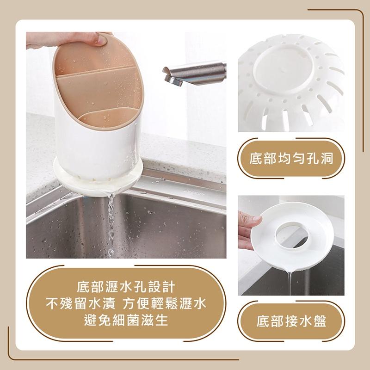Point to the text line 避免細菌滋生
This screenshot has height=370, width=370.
pos(126,320)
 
